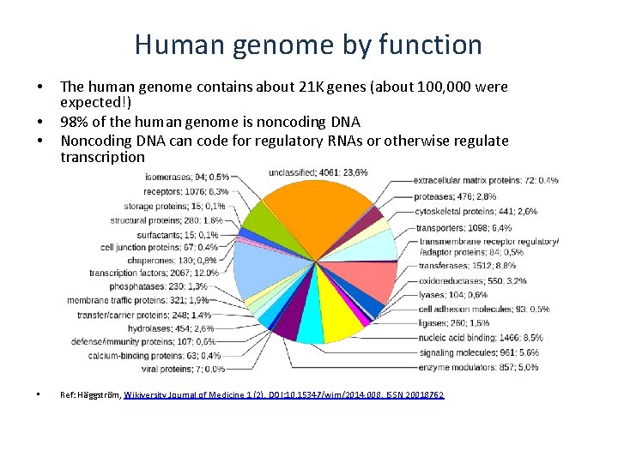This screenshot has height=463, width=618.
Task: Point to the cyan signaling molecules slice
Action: (310, 324)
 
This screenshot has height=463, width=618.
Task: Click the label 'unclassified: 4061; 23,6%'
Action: (318, 172)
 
